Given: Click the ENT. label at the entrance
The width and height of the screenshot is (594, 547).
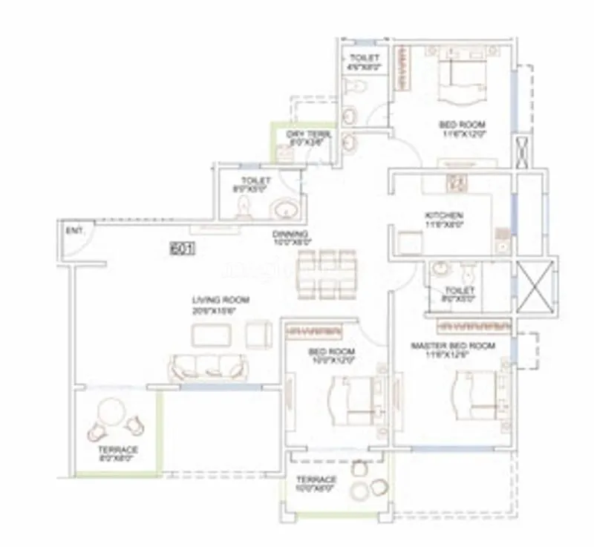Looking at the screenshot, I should (x=74, y=232).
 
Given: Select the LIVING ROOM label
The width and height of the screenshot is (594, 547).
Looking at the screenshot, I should (x=221, y=300).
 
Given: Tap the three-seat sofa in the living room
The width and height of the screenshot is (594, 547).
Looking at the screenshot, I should (x=208, y=367).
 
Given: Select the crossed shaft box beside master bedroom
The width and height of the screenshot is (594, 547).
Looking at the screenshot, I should (x=535, y=286).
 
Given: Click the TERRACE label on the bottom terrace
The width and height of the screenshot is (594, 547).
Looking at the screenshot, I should (x=316, y=479).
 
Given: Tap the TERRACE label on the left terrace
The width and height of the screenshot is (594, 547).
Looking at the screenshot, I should (x=118, y=450).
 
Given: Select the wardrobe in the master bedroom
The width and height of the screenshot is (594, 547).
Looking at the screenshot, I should (x=473, y=325).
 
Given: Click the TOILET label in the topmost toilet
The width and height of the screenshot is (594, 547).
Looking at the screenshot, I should (x=364, y=58).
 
